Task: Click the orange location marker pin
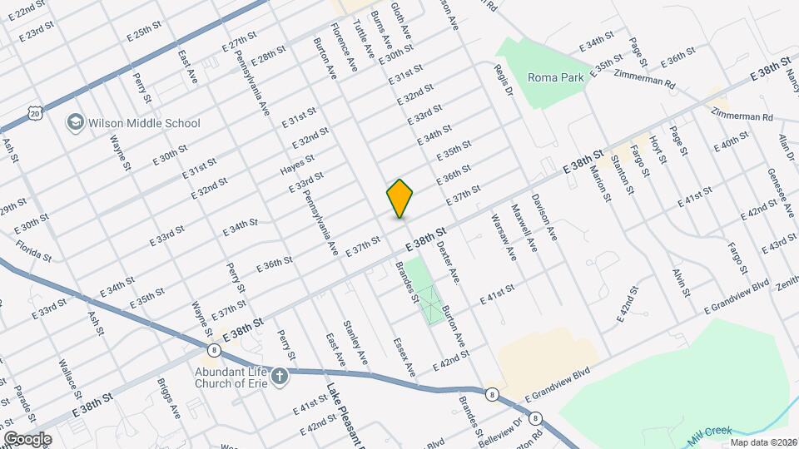pyautogui.click(x=400, y=198)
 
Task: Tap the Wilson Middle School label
pyautogui.click(x=145, y=123)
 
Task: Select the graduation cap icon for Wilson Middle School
pyautogui.click(x=76, y=123)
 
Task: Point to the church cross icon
pyautogui.click(x=280, y=377)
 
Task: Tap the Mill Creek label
pyautogui.click(x=710, y=432)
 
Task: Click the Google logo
pyautogui.click(x=27, y=439)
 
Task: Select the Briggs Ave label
pyautogui.click(x=169, y=398)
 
